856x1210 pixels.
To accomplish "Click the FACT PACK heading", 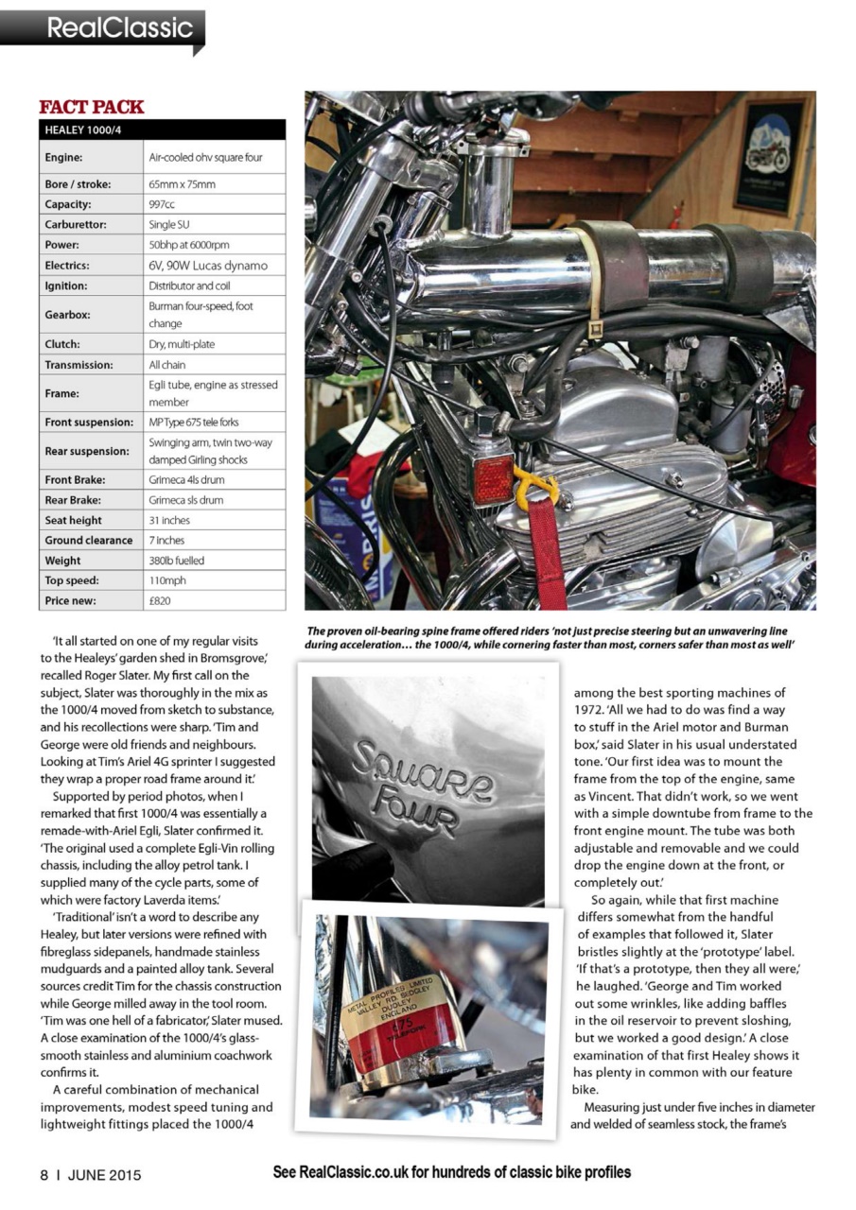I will [92, 107].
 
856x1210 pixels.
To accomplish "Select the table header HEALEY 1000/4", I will [82, 130].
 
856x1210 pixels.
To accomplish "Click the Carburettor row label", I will [79, 225].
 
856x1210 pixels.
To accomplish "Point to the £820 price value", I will [160, 600].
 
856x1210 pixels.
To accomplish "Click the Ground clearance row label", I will [89, 540].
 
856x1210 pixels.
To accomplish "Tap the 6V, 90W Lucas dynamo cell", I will [207, 266].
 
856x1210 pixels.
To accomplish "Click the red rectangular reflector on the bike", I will [493, 479].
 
